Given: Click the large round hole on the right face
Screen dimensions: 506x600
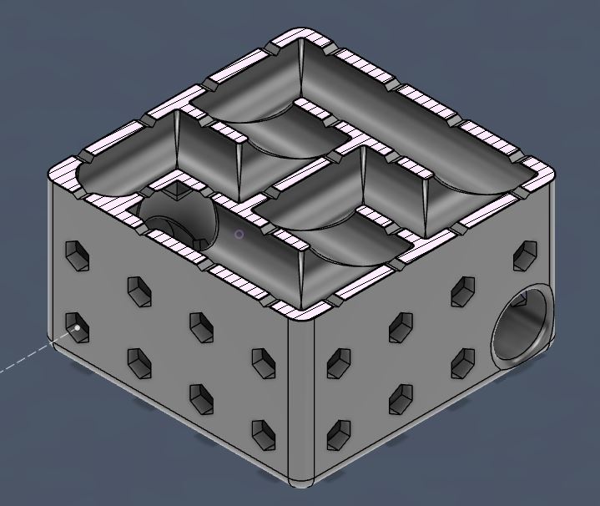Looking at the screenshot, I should (522, 325).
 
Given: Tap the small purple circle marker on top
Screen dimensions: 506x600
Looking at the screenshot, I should (239, 235).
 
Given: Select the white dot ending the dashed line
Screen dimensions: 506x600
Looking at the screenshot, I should (78, 328).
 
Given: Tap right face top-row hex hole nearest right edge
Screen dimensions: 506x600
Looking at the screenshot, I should (526, 253).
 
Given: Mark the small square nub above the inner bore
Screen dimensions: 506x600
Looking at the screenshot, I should (178, 193).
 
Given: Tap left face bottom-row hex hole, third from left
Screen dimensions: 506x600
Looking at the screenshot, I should (201, 398).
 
